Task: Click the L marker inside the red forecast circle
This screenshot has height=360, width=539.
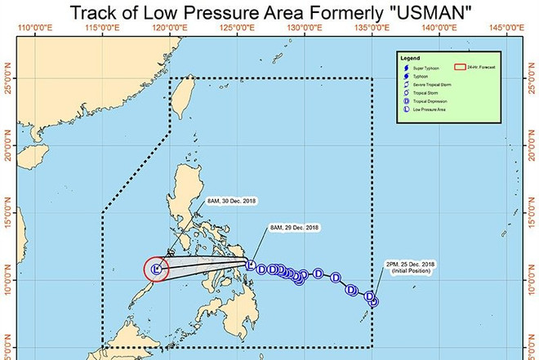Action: coord(155,268)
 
